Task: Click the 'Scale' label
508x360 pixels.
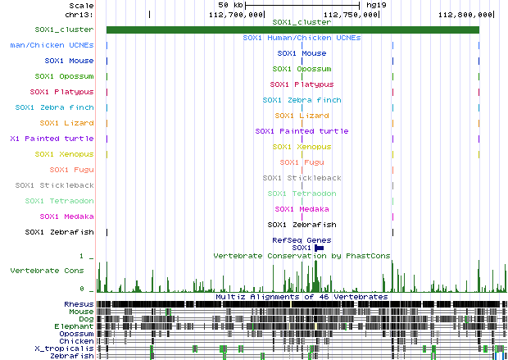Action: [80, 5]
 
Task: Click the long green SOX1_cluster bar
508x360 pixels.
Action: [293, 30]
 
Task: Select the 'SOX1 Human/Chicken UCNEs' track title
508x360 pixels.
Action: [302, 38]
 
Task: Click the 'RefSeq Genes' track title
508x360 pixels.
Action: [302, 239]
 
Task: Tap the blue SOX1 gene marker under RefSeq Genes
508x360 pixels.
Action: [320, 248]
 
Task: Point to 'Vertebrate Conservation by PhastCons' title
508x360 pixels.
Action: [302, 256]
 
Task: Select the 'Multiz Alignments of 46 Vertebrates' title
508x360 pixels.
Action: [302, 296]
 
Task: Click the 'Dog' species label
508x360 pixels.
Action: [85, 319]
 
